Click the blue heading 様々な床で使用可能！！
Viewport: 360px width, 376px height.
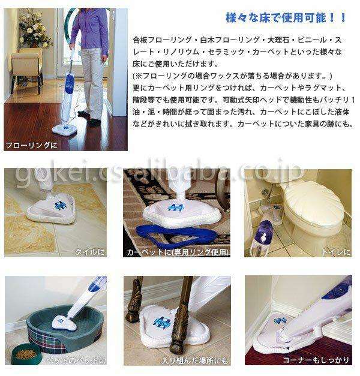click(286, 18)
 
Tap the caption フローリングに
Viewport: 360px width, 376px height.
click(31, 145)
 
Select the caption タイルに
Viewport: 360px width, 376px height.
click(90, 252)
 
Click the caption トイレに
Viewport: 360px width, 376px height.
click(336, 252)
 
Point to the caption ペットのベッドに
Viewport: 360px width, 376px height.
click(76, 360)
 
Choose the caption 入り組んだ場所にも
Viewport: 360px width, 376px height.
click(194, 360)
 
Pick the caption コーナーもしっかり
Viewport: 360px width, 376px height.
click(316, 360)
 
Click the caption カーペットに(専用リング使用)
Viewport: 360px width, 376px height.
click(178, 252)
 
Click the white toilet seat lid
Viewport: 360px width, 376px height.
click(315, 207)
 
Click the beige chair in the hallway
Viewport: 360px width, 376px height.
click(26, 70)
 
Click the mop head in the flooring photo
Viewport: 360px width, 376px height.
click(65, 128)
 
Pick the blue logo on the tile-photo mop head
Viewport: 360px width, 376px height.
click(61, 205)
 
